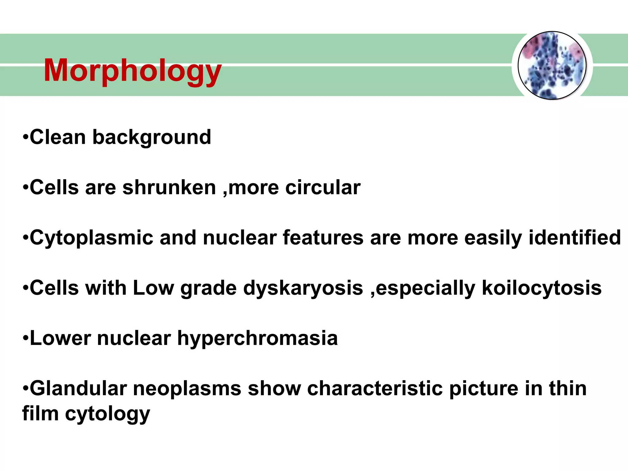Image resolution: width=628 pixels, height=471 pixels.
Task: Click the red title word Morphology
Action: point(132,71)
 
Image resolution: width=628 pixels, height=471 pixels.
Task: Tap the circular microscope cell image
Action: point(552,65)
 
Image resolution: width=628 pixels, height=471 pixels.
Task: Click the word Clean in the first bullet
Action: point(58,137)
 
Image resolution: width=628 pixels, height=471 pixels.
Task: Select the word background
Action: point(152,138)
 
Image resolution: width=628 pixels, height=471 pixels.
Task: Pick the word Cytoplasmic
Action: point(91,238)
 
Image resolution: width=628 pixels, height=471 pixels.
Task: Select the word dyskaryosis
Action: point(303,289)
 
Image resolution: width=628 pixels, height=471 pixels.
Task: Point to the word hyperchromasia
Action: point(258,339)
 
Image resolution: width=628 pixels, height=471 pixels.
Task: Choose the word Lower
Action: point(60,338)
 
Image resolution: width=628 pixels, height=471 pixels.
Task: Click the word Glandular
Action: point(78,389)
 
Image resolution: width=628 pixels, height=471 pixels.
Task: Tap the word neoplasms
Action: point(187,389)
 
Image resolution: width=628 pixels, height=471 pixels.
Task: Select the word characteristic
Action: point(375,389)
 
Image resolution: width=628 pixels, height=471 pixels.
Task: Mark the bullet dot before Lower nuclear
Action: point(25,339)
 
